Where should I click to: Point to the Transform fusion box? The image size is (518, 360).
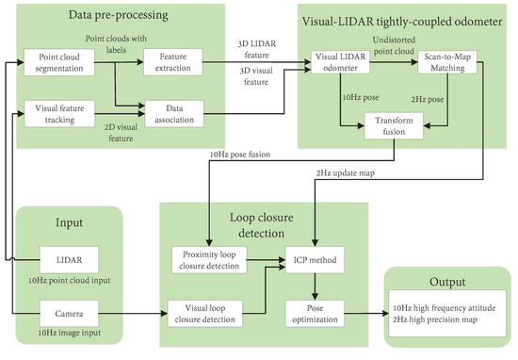coord(394,125)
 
